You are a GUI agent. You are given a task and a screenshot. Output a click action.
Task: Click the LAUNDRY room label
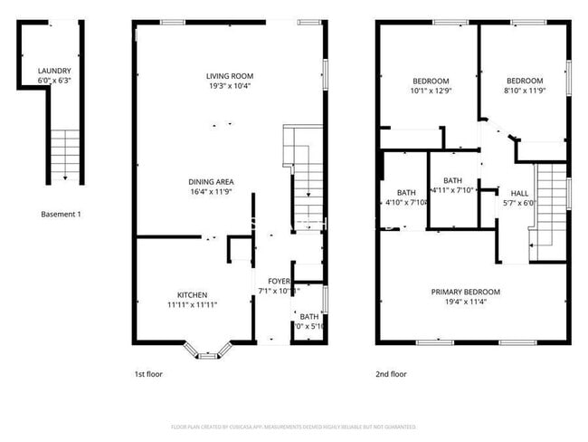(x=54, y=71)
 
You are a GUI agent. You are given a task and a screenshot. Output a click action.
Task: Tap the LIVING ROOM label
(x=229, y=76)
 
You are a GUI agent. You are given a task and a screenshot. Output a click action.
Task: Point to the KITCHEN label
(x=192, y=295)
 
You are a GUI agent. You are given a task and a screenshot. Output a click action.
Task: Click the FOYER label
(x=272, y=282)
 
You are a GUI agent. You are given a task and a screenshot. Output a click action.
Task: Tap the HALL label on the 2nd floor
(x=519, y=193)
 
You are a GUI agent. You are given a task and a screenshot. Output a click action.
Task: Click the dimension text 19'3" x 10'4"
(x=229, y=86)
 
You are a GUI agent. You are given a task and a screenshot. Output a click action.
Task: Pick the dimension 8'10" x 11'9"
(x=524, y=90)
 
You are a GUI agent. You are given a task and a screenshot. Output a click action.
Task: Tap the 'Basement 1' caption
(x=62, y=214)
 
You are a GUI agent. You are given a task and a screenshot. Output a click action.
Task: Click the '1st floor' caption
(x=150, y=373)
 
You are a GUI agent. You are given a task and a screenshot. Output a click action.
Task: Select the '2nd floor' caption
(x=391, y=373)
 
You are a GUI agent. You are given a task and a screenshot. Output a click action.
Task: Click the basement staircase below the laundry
(x=64, y=154)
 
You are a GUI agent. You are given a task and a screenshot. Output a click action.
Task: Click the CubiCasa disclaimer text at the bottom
(x=293, y=426)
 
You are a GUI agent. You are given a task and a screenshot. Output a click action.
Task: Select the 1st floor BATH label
(x=309, y=316)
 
